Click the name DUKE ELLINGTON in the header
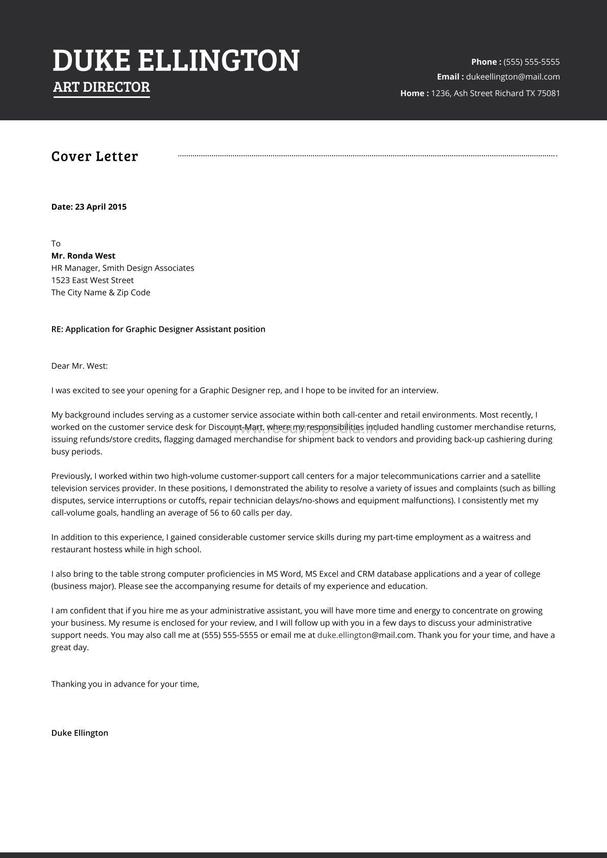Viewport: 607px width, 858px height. [176, 61]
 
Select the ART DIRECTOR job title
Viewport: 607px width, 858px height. [102, 87]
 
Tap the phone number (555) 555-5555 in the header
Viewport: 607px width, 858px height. [532, 62]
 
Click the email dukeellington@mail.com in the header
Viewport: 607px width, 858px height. [513, 77]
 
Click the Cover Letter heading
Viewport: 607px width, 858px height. [94, 157]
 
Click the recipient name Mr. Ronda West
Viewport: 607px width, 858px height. [83, 256]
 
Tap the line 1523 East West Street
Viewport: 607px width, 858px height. [92, 280]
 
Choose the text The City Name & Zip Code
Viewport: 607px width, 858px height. [100, 293]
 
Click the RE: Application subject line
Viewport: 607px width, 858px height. [158, 329]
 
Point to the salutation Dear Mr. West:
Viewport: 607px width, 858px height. [80, 366]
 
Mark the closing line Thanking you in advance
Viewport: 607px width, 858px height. [125, 684]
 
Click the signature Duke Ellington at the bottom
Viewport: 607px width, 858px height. [80, 733]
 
